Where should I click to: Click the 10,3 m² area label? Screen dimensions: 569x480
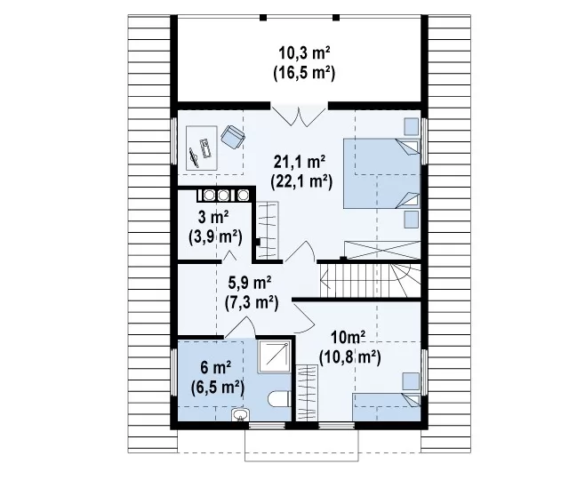304,53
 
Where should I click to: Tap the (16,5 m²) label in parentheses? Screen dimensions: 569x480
304,73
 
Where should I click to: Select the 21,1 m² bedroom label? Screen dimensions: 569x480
300,162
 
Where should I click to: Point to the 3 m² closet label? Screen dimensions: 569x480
213,218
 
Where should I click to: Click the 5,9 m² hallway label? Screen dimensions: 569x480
250,283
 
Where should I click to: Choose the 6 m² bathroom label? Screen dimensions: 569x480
216,368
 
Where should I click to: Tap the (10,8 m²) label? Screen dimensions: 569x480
349,357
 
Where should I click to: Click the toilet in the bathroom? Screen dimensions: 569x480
279,399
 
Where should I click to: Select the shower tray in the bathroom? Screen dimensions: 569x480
275,356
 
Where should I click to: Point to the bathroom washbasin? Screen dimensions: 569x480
240,415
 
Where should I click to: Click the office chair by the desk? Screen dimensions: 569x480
233,137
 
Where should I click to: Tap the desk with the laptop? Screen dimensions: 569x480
202,148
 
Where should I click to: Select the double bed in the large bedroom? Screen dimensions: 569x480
381,173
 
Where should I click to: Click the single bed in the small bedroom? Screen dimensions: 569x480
387,407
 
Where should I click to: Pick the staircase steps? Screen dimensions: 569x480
370,280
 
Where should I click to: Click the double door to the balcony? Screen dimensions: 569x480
299,116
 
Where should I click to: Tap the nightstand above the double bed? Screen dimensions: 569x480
411,126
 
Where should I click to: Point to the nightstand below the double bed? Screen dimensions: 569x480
411,220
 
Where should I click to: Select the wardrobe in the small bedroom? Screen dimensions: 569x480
307,393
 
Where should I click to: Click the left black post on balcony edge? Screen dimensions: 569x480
263,17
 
